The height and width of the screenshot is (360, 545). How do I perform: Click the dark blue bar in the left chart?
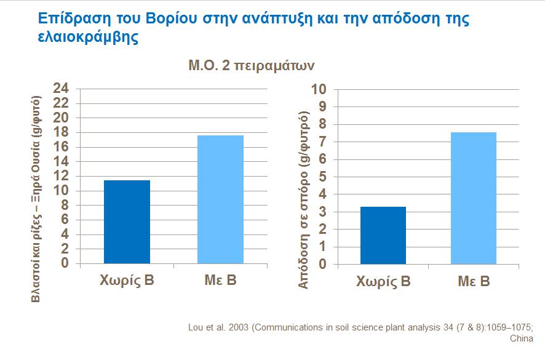(x=127, y=222)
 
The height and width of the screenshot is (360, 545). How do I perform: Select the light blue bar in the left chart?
(x=220, y=199)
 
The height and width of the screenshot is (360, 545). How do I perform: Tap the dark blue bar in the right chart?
(x=383, y=235)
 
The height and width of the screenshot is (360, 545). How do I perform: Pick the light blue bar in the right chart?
(x=473, y=198)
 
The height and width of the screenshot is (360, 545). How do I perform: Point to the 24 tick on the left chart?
(x=61, y=89)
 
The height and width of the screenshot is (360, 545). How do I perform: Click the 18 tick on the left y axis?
(x=61, y=132)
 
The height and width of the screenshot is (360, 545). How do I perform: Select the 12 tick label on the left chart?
(x=61, y=176)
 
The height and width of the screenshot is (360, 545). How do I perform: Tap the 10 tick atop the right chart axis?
(x=319, y=89)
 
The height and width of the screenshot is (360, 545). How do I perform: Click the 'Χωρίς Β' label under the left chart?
(x=127, y=282)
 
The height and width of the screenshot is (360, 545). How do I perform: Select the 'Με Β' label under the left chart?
(x=220, y=282)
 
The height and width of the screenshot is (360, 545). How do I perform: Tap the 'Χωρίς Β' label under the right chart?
(x=383, y=282)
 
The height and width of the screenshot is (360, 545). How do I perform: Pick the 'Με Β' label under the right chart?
(x=474, y=282)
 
